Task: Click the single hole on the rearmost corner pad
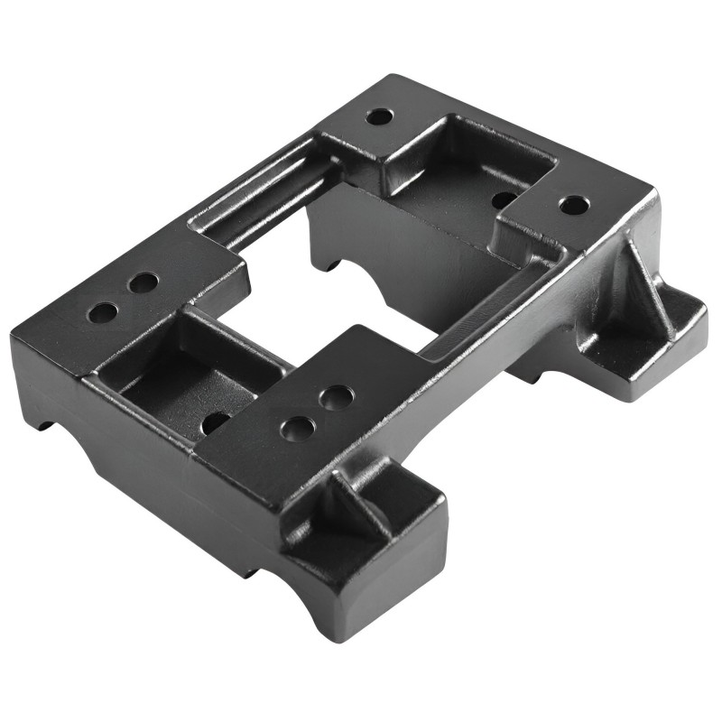pos(379,116)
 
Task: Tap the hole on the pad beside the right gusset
pos(574,205)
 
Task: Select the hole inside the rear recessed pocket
pos(504,199)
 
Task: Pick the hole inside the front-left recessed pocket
pos(216,421)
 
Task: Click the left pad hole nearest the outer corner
pos(103,313)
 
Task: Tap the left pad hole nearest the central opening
pos(143,283)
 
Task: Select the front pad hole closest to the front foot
pos(298,429)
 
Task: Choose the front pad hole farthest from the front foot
pos(336,397)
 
